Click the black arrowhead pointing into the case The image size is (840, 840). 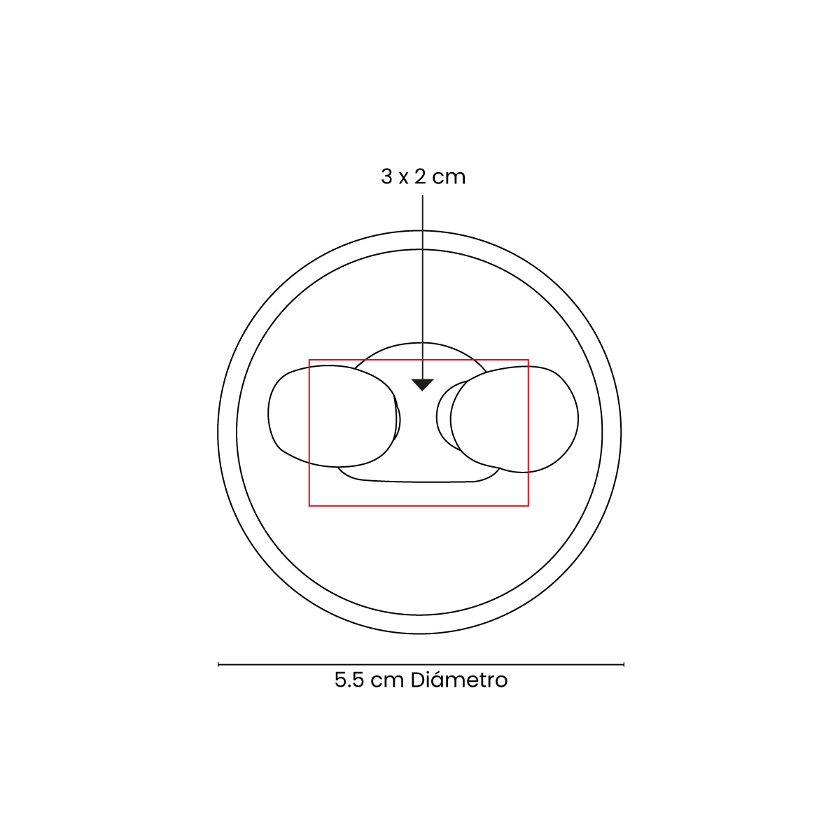tap(422, 384)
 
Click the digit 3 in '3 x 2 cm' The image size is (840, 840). tap(386, 176)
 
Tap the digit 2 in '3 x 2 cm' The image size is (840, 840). tap(420, 176)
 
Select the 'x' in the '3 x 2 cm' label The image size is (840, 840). tap(403, 178)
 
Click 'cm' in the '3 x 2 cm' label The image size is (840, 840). tap(449, 178)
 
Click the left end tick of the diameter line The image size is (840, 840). tap(218, 664)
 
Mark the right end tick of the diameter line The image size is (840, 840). tap(624, 664)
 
